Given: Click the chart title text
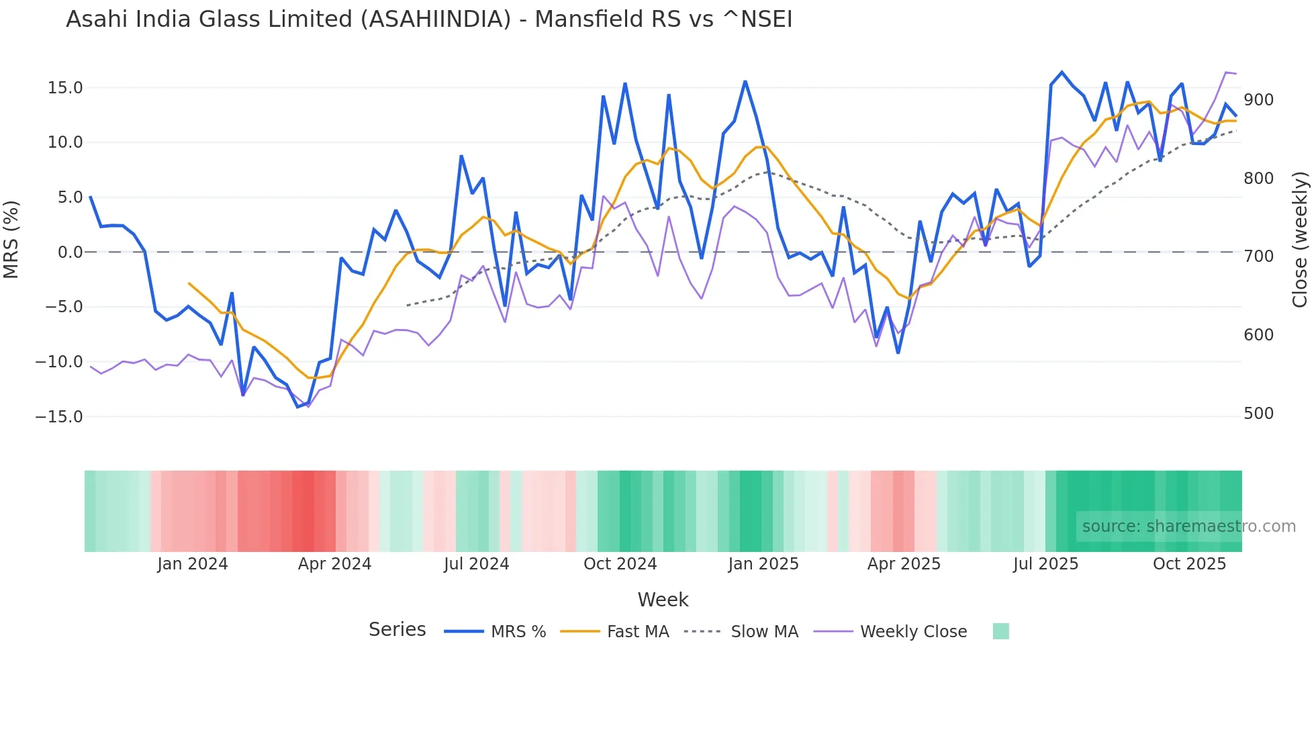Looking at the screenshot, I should click(429, 19).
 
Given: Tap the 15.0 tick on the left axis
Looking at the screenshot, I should click(65, 88).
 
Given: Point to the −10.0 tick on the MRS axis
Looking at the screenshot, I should click(59, 362).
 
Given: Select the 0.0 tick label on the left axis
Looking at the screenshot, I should click(70, 252).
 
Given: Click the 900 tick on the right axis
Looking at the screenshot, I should click(1258, 100).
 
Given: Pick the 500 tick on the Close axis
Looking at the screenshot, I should click(1258, 414).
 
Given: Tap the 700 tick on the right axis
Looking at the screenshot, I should click(1258, 257).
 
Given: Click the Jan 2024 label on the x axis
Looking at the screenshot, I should click(193, 564).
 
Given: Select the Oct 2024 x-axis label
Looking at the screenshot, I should click(620, 564).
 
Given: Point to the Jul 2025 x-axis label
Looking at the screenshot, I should click(1045, 564).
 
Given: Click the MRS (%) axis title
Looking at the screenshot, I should click(11, 239).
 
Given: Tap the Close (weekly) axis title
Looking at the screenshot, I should click(1300, 239).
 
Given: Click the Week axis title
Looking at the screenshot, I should click(663, 600).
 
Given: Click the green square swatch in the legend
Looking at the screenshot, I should click(1000, 632).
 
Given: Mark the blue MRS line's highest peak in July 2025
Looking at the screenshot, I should click(1062, 72).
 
